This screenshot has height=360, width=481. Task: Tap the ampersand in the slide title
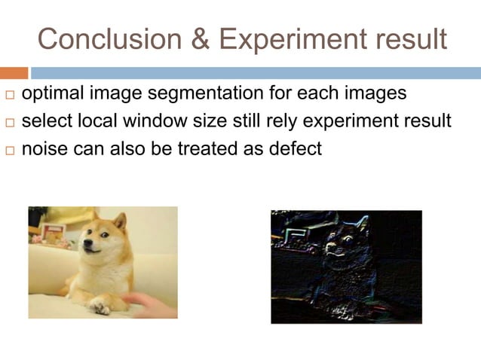point(198,38)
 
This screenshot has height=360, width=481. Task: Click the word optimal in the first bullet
point(51,95)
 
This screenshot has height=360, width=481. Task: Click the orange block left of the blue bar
point(14,73)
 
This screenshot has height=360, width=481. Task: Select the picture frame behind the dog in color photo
point(52,233)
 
